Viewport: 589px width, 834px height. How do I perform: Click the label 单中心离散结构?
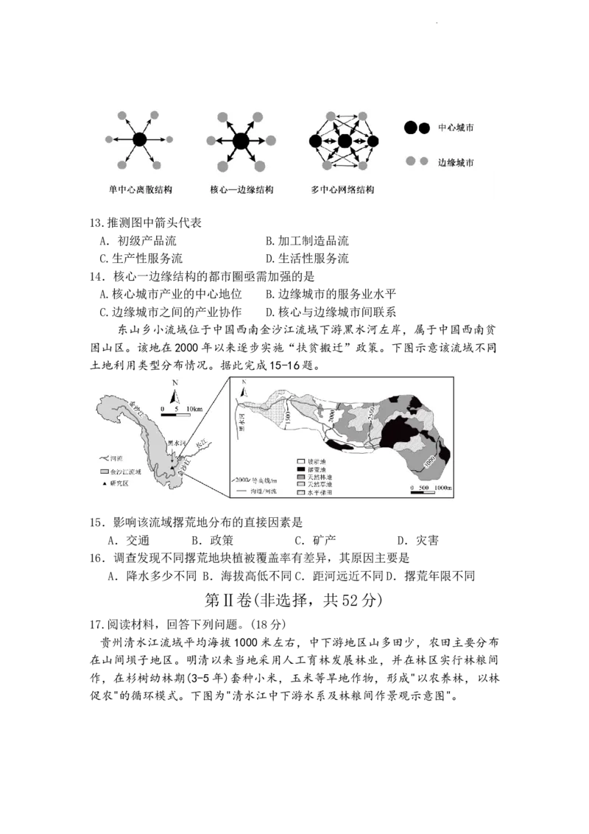140,189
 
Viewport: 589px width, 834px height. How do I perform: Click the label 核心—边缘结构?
241,189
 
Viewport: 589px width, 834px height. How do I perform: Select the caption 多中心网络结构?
342,189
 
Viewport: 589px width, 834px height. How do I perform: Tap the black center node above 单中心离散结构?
140,139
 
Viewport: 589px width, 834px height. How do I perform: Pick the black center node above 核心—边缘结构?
241,140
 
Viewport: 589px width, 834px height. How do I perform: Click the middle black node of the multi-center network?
344,140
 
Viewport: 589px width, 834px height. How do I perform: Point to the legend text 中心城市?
456,128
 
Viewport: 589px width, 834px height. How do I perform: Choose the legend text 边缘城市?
456,162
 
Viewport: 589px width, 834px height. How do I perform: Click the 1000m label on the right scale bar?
442,488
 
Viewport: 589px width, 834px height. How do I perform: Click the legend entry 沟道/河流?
261,489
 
